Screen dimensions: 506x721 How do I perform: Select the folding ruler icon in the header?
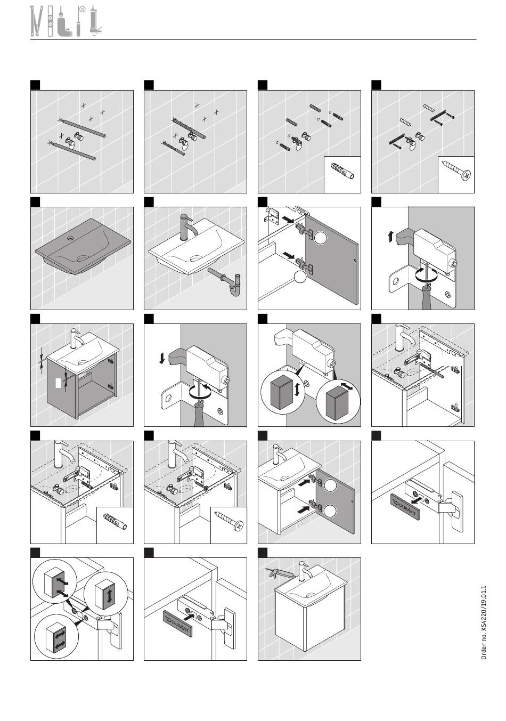pos(37,21)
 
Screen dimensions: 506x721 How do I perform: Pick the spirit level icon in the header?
pos(50,21)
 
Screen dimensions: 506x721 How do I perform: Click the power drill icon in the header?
pos(64,22)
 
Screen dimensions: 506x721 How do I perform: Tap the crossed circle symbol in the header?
pos(83,9)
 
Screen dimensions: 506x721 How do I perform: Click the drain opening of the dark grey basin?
pos(83,258)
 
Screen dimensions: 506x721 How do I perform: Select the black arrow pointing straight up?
pos(390,237)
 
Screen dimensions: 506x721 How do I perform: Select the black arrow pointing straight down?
pos(162,358)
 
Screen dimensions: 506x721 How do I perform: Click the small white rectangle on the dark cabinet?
pos(58,383)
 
